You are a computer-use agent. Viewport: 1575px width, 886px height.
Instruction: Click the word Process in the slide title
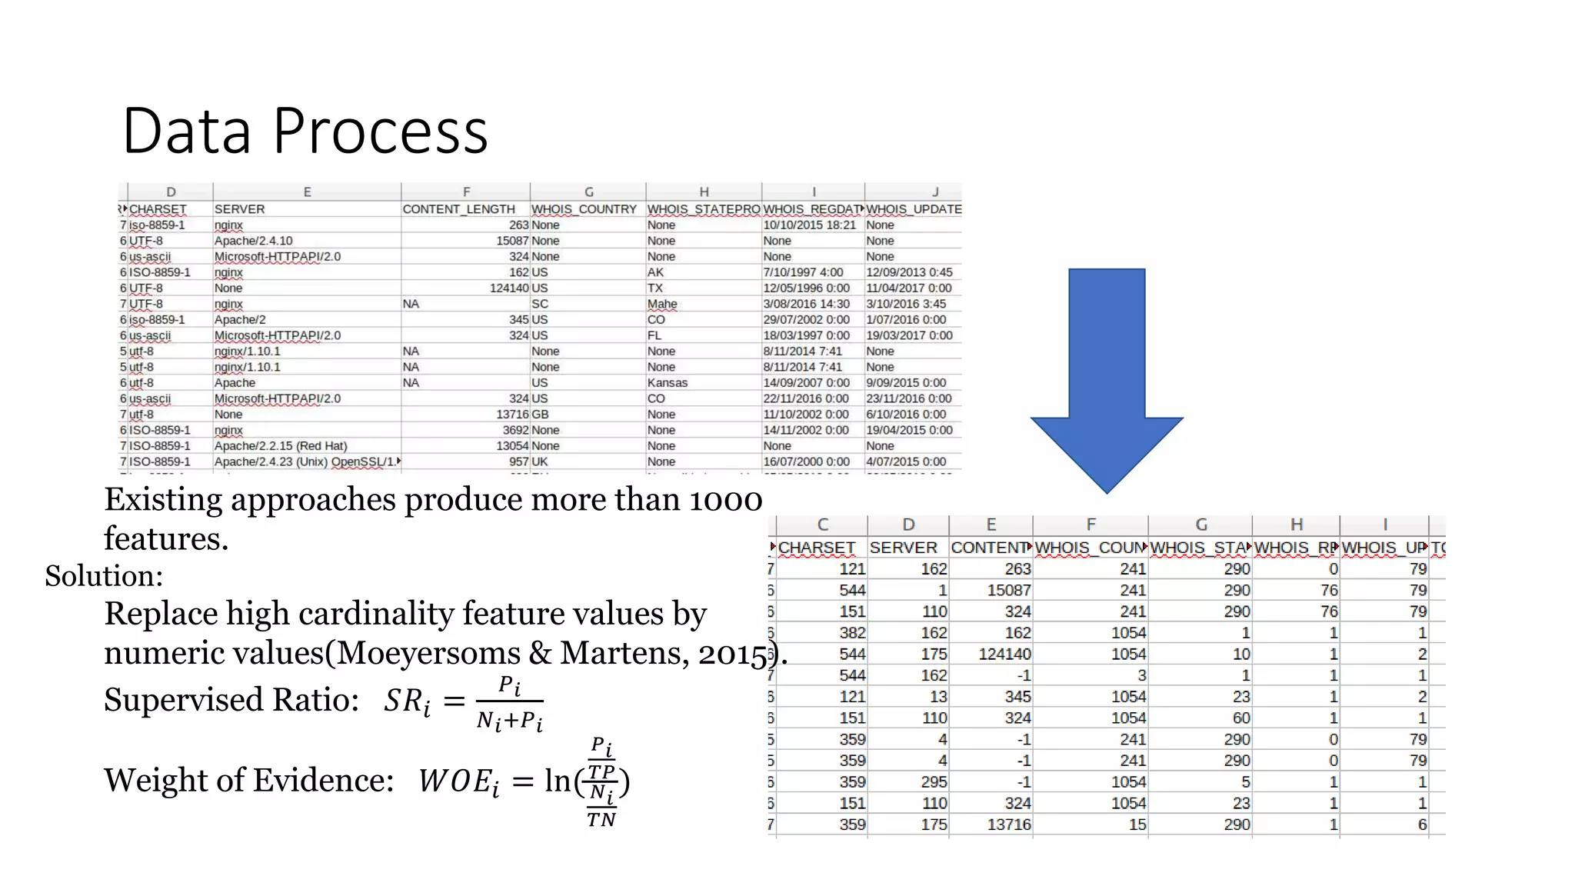(x=380, y=131)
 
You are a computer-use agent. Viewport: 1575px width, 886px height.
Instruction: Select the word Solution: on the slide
(x=104, y=576)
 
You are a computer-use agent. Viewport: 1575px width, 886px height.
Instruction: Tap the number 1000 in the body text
(x=724, y=500)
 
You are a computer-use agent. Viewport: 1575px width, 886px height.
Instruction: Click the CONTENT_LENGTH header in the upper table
(x=458, y=209)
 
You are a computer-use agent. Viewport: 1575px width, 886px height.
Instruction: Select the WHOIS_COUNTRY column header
(x=584, y=209)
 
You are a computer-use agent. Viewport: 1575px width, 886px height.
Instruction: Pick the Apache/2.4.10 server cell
(x=253, y=241)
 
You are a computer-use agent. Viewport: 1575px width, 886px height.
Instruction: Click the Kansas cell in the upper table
(x=667, y=383)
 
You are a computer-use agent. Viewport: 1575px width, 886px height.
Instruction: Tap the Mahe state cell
(x=661, y=304)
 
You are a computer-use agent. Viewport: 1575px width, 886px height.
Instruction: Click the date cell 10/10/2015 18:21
(x=809, y=225)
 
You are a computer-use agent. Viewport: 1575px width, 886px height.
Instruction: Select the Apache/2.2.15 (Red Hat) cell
(x=280, y=446)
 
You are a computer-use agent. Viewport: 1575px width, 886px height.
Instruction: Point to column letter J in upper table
(x=935, y=192)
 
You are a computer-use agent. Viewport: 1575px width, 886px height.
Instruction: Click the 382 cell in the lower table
(x=852, y=633)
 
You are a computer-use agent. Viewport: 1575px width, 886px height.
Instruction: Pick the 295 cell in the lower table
(x=934, y=782)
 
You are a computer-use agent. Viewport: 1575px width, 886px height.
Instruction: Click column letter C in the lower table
(x=822, y=525)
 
